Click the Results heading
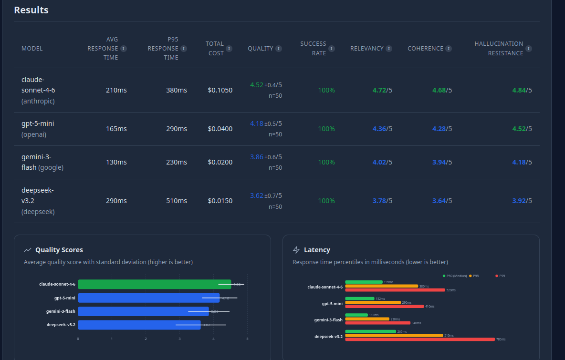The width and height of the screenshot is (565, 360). coord(31,10)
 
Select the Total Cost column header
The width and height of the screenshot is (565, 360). coord(215,48)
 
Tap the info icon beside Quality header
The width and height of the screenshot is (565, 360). coord(279,49)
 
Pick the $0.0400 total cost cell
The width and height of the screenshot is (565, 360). coord(220,129)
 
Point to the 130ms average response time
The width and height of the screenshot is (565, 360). coord(116,162)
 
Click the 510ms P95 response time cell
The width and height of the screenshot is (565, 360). coord(177,201)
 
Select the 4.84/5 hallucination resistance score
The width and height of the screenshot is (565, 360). coord(522,90)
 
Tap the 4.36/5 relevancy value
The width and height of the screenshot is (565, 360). coord(382,129)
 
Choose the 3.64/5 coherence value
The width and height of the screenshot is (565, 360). coord(442,201)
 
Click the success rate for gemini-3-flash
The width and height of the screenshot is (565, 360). coord(326,162)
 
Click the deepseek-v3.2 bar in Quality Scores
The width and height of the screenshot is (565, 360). coord(139,325)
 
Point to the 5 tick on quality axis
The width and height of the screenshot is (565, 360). coord(247,339)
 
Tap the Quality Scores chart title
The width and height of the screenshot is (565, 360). coord(59,250)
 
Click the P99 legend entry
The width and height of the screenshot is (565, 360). coord(501,276)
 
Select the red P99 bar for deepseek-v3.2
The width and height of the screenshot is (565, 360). coord(419,339)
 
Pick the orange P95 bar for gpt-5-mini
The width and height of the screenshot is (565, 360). coord(373,302)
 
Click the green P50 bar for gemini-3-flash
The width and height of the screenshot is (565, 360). coord(356,315)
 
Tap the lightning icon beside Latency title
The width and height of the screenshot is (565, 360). coord(296,250)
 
